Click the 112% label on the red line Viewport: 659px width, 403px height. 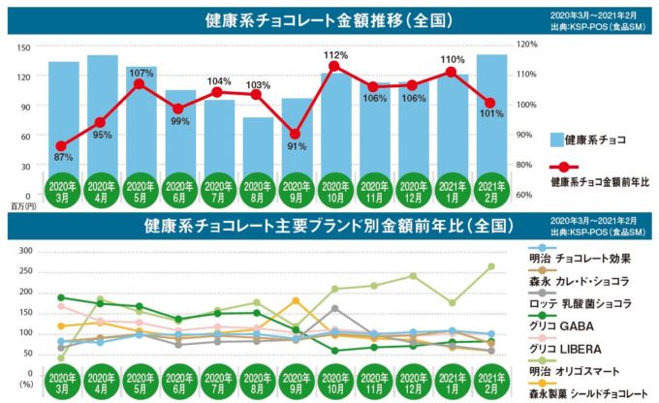pos(335,53)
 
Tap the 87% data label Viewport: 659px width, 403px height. pos(63,157)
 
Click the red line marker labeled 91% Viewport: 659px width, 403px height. pos(296,134)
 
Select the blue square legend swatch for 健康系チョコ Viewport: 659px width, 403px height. pos(555,139)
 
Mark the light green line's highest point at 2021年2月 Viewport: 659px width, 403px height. pos(491,266)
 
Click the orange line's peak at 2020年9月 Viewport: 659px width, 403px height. pos(296,300)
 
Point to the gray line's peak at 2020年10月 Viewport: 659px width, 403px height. pos(335,309)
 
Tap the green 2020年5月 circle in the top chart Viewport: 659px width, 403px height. pos(141,188)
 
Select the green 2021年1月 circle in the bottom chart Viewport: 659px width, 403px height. pos(453,380)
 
